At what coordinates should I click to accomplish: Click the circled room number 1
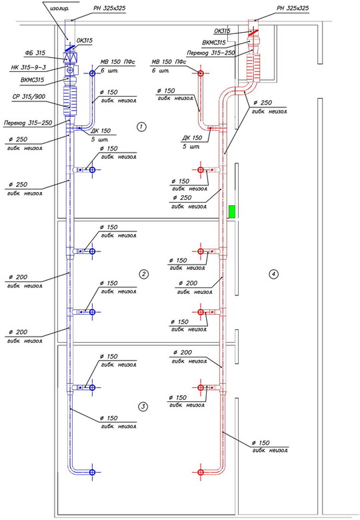point(141,127)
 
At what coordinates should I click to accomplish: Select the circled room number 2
point(143,274)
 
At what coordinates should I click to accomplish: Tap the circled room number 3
point(143,407)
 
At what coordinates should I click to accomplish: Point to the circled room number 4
point(273,274)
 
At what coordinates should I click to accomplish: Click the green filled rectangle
point(232,212)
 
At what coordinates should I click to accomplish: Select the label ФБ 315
point(35,53)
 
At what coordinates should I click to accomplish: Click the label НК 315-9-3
point(29,67)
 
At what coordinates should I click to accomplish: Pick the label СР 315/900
point(29,97)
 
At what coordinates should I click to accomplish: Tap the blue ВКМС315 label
point(32,80)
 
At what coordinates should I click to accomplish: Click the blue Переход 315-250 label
point(28,123)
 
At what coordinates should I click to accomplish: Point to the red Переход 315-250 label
point(211,53)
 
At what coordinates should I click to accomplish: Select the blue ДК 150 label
point(101,131)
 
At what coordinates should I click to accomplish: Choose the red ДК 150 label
point(192,137)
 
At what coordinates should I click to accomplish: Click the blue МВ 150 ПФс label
point(118,62)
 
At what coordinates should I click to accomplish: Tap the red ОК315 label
point(222,31)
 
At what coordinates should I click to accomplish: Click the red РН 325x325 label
point(293,8)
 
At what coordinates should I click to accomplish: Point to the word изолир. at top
point(59,8)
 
